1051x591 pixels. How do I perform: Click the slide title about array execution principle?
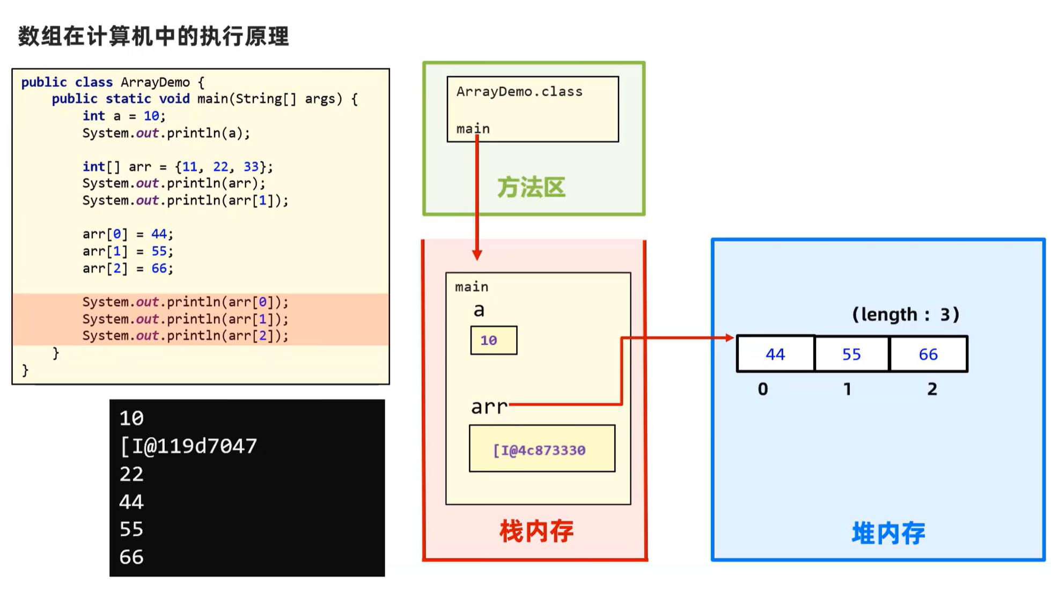tap(153, 36)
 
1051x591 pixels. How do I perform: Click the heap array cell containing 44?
tap(775, 354)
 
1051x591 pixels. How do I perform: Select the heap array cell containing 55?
tap(851, 354)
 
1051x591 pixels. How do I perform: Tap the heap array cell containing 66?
tap(928, 354)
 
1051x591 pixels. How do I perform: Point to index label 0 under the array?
tap(762, 389)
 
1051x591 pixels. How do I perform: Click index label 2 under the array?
tap(932, 389)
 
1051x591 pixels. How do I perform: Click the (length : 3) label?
tap(905, 314)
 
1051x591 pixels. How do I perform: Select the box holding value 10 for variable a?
tap(494, 340)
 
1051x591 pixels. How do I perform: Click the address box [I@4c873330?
tap(542, 449)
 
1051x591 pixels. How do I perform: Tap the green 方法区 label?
tap(531, 188)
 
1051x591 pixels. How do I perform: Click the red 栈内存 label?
tap(536, 531)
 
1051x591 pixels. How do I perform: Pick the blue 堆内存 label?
tap(888, 533)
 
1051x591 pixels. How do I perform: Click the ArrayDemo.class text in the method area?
tap(519, 92)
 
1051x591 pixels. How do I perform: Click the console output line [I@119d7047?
tap(188, 446)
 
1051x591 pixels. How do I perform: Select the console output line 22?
tap(131, 474)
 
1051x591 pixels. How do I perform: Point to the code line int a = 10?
tap(124, 116)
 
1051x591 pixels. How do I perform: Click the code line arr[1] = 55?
tap(128, 251)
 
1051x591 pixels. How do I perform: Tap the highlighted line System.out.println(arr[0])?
tap(185, 302)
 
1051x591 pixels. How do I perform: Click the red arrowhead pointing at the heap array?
tap(730, 338)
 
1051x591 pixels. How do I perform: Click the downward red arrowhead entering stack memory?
tap(477, 255)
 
